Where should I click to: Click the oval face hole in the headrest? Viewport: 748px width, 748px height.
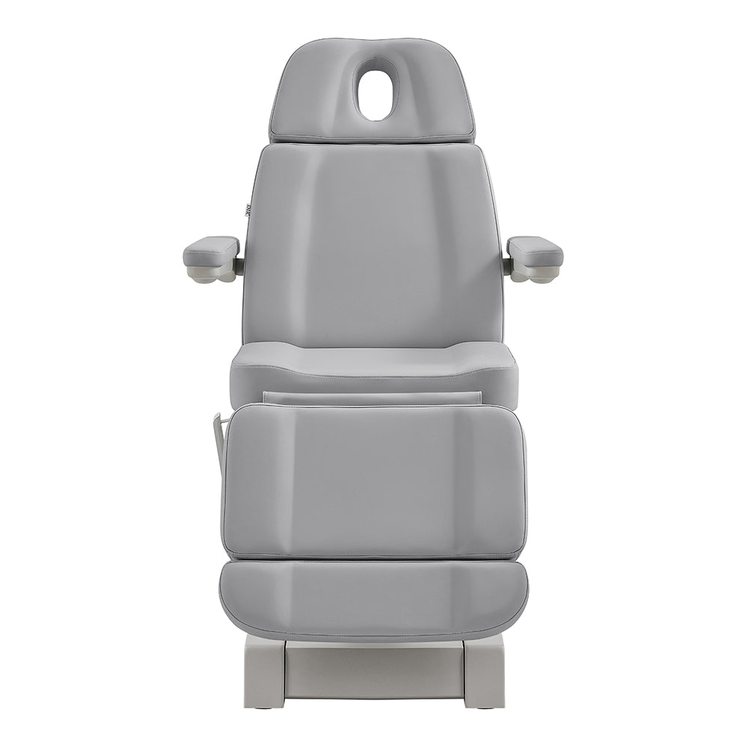(x=376, y=88)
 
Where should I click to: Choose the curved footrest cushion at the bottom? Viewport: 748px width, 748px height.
(x=373, y=598)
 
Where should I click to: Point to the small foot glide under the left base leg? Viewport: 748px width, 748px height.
(x=264, y=705)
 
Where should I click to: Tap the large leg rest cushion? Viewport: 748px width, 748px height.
(x=373, y=482)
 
